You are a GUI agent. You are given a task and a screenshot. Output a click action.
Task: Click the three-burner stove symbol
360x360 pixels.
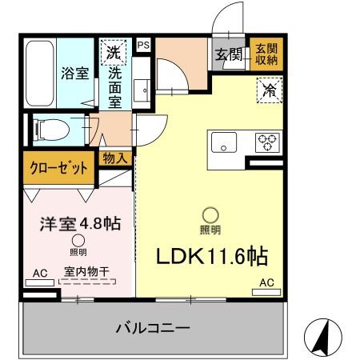266,142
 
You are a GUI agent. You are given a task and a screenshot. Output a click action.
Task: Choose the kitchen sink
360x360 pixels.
224,143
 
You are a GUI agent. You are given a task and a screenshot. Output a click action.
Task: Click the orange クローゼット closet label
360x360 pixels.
55,168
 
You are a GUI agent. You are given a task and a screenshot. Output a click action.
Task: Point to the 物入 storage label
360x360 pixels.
115,158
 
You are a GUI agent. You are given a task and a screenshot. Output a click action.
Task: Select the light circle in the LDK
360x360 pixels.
210,214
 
